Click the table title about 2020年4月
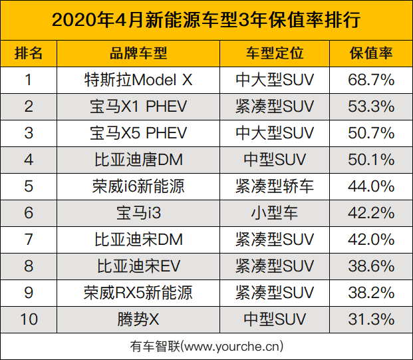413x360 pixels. [x=206, y=20]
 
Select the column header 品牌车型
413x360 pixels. [x=138, y=53]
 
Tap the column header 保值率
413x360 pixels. [x=371, y=53]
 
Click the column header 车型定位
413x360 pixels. [x=275, y=53]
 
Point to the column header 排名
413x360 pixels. [x=29, y=53]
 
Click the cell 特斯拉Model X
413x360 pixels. [x=138, y=81]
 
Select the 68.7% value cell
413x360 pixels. [x=371, y=81]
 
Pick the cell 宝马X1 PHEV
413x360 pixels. [x=138, y=106]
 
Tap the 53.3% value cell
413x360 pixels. [x=371, y=106]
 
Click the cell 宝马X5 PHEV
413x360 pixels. [x=138, y=133]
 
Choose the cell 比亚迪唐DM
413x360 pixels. [x=138, y=160]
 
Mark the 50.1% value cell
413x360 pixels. [x=371, y=160]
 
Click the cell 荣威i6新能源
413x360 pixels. [x=138, y=186]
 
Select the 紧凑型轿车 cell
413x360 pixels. [x=275, y=186]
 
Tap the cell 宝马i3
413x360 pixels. [x=138, y=213]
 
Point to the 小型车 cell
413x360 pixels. [x=275, y=213]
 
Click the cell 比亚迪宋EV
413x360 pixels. [x=138, y=266]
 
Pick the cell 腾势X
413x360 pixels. [x=138, y=319]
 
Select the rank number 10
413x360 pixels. [x=29, y=319]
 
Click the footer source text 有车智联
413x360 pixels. [x=206, y=346]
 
